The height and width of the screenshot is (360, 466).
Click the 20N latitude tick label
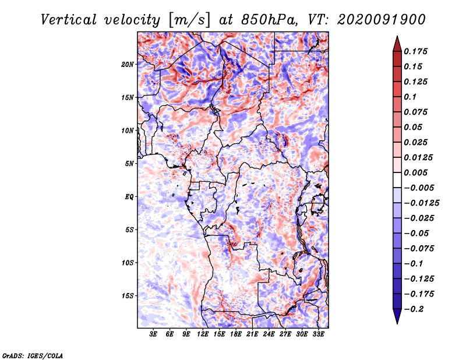[x=128, y=64]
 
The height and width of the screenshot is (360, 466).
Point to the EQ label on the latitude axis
[x=129, y=196]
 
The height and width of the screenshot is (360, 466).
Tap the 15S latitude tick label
[x=128, y=295]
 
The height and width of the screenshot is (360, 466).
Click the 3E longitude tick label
[x=153, y=334]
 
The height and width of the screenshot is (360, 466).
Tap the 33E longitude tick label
[x=318, y=334]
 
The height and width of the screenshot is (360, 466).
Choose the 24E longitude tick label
[x=269, y=334]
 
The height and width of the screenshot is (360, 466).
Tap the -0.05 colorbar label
[x=418, y=233]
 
